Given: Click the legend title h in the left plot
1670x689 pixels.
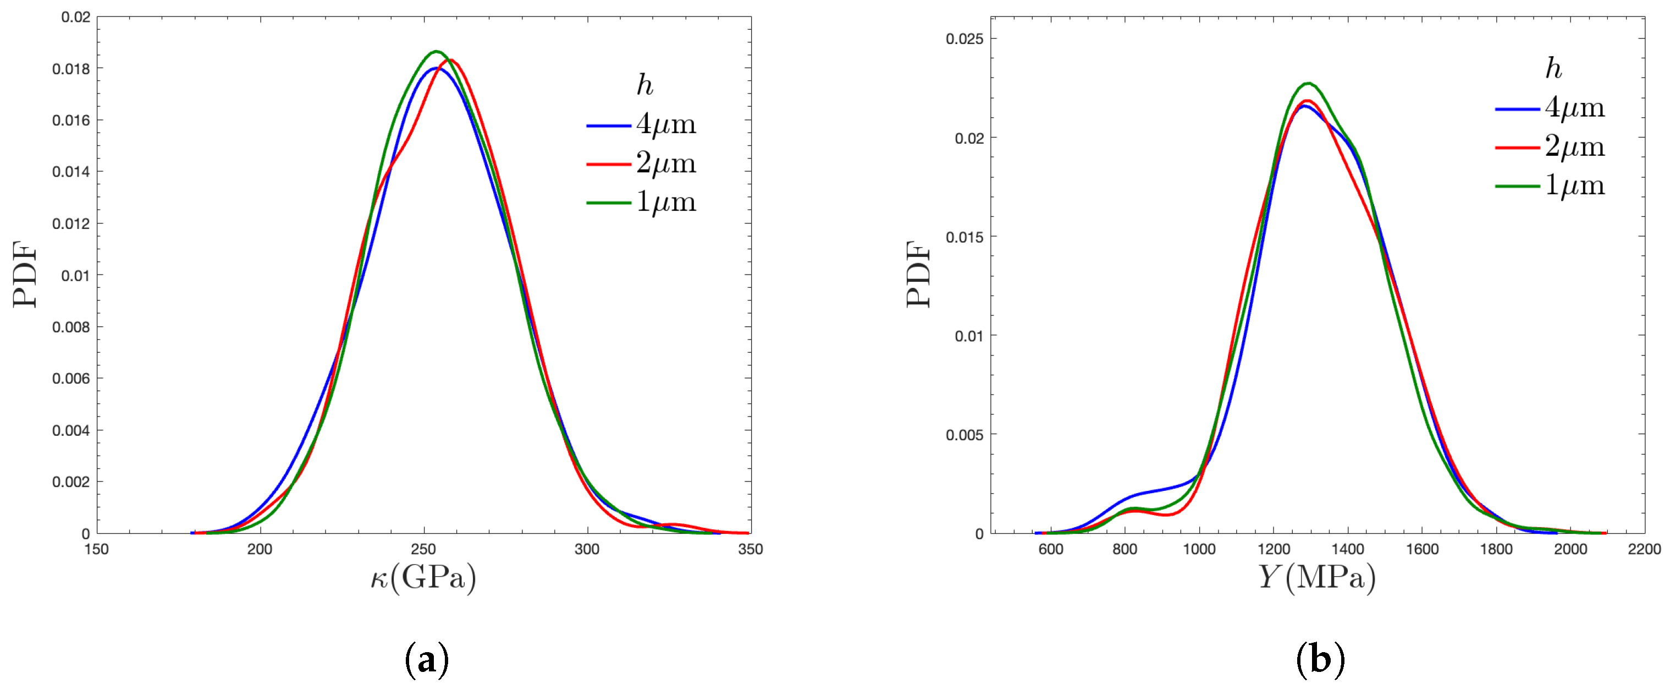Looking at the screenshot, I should [644, 85].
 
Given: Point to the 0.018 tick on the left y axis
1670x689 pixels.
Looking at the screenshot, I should [71, 69].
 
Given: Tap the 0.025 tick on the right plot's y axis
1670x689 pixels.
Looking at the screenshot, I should [964, 39].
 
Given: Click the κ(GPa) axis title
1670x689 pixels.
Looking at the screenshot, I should [423, 577].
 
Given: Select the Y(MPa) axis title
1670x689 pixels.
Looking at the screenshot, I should [1316, 577].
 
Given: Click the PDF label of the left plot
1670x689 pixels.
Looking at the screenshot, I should [25, 275].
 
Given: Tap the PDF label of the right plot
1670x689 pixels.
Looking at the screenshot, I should [918, 275].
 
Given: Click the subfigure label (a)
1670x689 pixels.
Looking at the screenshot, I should [426, 660].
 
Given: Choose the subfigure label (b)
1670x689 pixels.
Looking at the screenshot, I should [1320, 660].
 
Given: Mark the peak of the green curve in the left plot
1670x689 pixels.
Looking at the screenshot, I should [436, 51].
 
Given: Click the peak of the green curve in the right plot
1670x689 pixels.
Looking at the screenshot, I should [1308, 83].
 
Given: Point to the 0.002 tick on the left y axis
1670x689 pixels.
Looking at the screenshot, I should [71, 482].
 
